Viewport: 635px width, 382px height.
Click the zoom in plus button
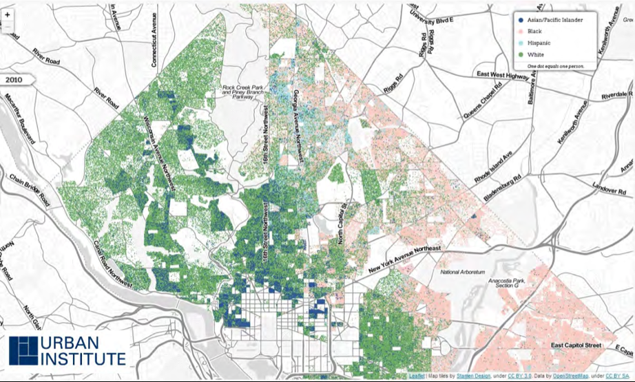point(8,14)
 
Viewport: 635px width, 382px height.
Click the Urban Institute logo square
point(23,350)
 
